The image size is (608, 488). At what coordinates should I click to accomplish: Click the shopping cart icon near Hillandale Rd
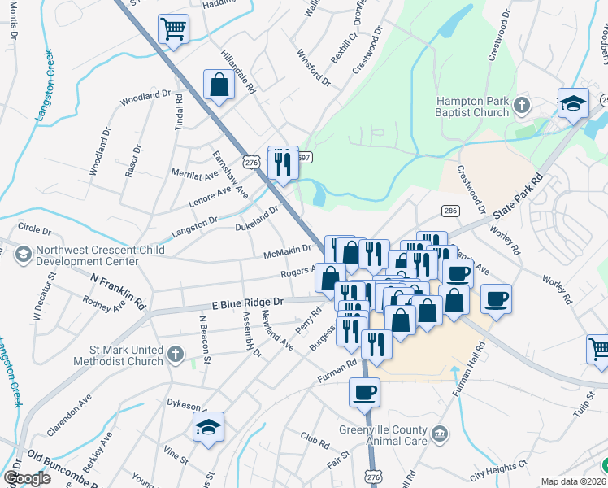pos(173,30)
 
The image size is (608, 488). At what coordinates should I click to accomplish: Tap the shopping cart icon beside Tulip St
pos(598,349)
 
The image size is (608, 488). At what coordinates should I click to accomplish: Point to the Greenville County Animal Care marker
pos(440,431)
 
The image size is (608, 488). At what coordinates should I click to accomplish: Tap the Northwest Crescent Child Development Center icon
pos(23,253)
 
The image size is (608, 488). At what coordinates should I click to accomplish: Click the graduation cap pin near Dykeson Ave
pos(209,426)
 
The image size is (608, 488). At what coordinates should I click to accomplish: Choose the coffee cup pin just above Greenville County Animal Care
pos(364,393)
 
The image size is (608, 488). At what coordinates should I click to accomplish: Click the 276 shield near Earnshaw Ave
pos(251,163)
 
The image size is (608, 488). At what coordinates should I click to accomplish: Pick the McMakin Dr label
pos(288,251)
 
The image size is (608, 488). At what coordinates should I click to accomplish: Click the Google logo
pos(27,478)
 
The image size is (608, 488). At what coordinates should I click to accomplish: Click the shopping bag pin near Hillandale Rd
pos(219,84)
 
